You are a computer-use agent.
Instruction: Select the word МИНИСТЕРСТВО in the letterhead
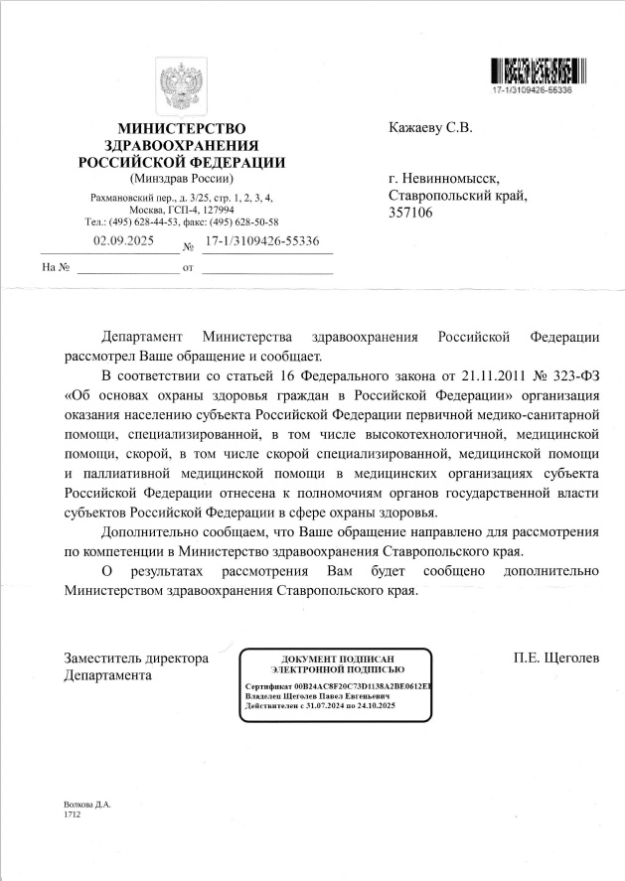[181, 129]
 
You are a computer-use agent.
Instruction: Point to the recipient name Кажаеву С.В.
[430, 127]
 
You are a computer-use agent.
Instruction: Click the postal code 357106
[409, 213]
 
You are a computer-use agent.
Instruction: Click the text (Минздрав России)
[181, 179]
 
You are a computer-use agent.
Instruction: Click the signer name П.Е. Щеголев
[556, 658]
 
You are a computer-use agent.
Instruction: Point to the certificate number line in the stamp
[338, 686]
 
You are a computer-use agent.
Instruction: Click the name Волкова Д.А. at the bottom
[88, 803]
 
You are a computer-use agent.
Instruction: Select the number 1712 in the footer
[72, 813]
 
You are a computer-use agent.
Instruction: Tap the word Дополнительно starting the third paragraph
[153, 531]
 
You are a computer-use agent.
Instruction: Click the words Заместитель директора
[136, 658]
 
